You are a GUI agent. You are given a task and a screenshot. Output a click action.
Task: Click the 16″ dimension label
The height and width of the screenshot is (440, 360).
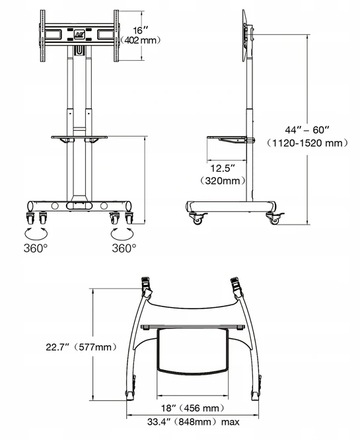point(141,30)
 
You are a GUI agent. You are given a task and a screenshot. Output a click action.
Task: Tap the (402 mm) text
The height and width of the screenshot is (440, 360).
point(141,40)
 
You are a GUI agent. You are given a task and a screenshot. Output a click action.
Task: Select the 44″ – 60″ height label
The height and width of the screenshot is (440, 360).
point(307,130)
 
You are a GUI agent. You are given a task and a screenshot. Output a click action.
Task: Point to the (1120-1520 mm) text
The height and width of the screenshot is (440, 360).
point(307,143)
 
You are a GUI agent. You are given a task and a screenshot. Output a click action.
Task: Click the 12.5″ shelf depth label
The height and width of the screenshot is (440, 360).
point(223,168)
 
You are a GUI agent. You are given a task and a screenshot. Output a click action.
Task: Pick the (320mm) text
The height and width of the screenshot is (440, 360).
point(223,180)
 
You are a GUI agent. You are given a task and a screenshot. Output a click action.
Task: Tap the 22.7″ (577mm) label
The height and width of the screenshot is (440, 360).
point(81,347)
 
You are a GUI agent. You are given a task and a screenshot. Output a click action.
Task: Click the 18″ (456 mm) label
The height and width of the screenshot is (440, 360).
point(193,408)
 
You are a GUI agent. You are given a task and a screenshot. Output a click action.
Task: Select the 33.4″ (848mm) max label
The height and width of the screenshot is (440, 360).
point(194,422)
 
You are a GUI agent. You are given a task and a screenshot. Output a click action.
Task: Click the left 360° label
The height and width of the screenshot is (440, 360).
point(36,248)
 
